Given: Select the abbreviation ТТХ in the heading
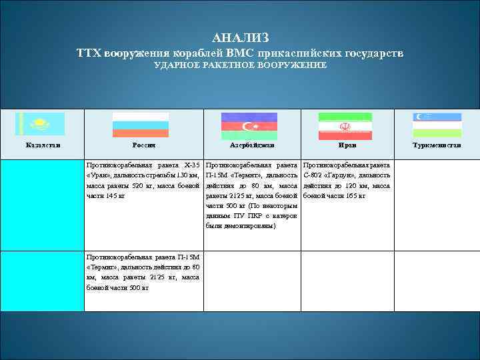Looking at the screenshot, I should pos(88,53).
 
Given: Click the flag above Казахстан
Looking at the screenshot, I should pos(41,125).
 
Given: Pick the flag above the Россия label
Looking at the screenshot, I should pos(141,125).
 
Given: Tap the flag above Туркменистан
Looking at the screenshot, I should pos(437,125).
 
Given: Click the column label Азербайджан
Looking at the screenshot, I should pos(251,145).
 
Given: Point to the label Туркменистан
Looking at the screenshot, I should pos(437,145).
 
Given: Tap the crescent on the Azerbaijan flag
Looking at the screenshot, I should pos(247,125).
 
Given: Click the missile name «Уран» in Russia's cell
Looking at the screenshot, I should pos(97,175).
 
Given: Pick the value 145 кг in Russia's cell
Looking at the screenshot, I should pos(115,196).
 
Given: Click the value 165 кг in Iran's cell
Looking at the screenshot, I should pos(353,196).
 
